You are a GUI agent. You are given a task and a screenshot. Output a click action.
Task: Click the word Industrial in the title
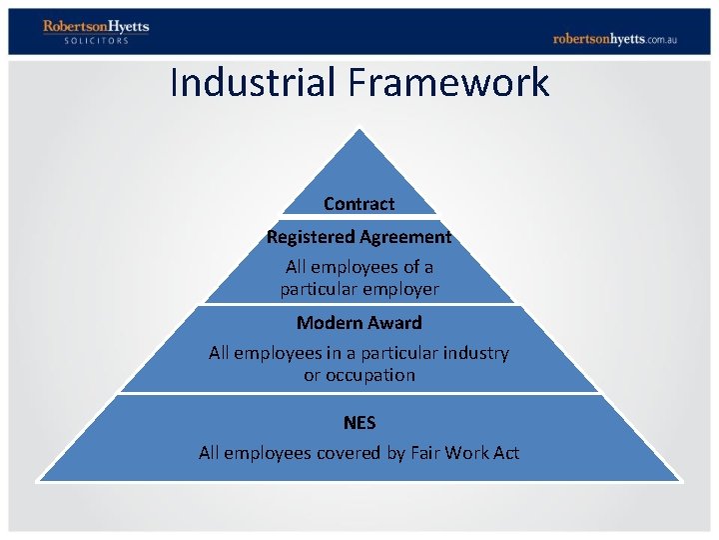tap(254, 82)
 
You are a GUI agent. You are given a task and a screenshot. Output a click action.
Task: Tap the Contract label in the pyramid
tap(359, 204)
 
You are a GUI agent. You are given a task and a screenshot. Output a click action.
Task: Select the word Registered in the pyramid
tap(305, 237)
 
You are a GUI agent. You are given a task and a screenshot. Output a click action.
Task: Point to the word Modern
tap(326, 323)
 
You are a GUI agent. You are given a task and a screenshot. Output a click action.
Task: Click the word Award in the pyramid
tap(395, 323)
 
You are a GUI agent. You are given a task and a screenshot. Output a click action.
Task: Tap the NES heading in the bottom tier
tap(359, 423)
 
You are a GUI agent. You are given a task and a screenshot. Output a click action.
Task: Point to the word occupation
tap(370, 375)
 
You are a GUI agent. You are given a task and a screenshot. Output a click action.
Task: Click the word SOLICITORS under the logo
tap(96, 41)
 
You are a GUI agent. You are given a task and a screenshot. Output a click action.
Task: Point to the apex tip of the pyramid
tap(359, 129)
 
